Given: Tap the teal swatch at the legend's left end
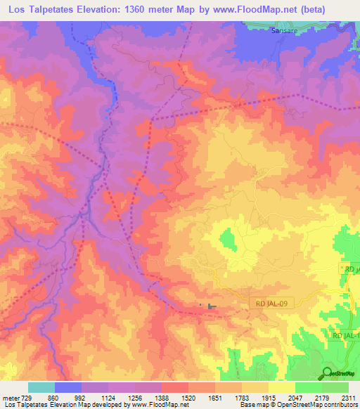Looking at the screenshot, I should [x=41, y=387].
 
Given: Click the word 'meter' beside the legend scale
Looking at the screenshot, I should [x=10, y=397].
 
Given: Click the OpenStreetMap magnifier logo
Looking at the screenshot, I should [x=328, y=373].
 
